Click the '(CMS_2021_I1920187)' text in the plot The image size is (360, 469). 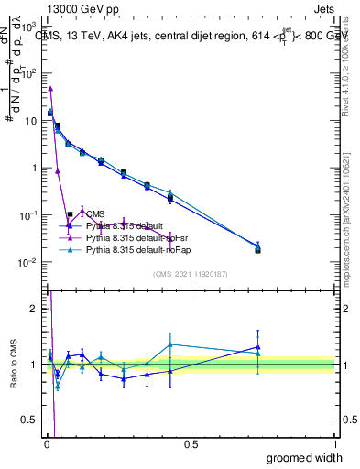tap(190, 274)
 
